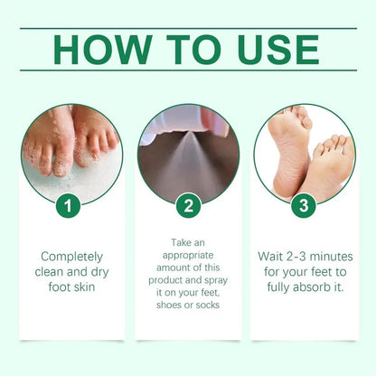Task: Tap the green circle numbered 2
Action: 187,205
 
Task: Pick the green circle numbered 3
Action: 304,205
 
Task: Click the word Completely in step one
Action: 71,257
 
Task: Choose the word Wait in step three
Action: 264,257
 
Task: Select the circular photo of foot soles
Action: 304,154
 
